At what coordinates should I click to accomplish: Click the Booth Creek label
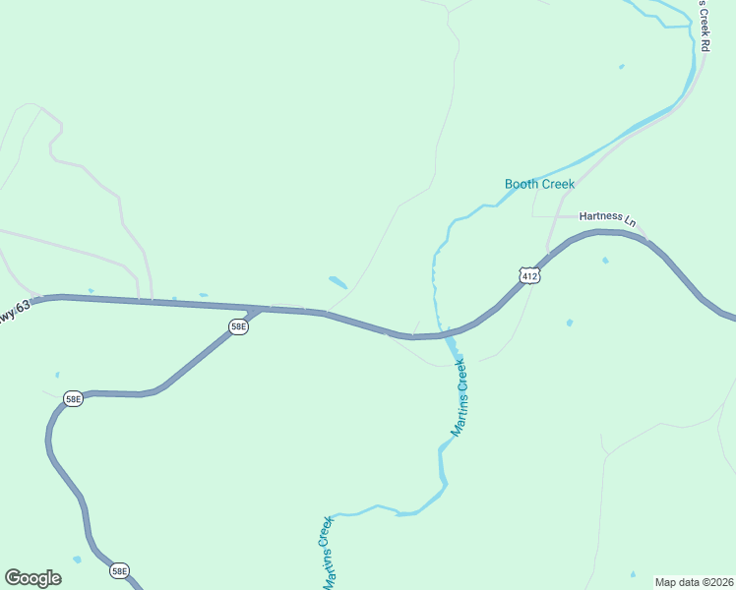coord(539,184)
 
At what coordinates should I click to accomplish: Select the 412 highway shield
coord(529,276)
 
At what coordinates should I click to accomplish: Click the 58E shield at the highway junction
coord(238,327)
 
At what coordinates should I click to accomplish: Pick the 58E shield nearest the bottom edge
coord(119,570)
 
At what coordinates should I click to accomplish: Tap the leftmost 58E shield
coord(73,398)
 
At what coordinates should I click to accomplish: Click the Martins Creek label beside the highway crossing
coord(458,398)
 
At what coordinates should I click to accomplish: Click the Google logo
coord(32,578)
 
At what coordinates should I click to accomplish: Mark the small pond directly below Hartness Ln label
coord(605,261)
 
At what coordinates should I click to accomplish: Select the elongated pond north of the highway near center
coord(337,282)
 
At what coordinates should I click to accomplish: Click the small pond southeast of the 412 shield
coord(570,323)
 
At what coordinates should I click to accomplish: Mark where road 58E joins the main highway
coord(258,310)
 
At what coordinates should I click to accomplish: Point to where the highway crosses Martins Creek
coord(444,335)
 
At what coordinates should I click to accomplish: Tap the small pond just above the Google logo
coord(77,560)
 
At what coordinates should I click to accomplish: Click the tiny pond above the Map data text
coord(633,574)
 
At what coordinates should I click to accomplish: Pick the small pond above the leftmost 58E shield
coord(57,375)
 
